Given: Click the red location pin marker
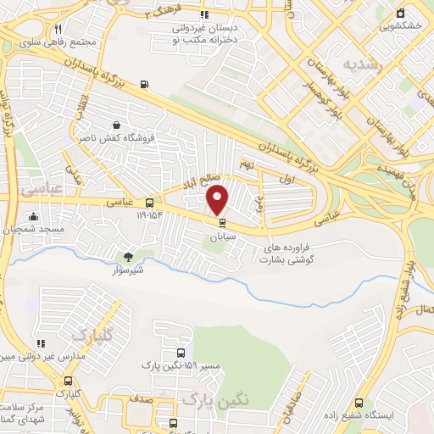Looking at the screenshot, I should coord(218,198).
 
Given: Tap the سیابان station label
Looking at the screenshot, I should coord(223,238).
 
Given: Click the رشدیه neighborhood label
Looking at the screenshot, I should coord(364,64).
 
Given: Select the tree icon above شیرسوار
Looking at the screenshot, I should coord(129,256).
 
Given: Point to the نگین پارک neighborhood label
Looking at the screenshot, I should coord(211,398).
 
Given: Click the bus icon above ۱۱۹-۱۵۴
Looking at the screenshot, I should coord(150,203).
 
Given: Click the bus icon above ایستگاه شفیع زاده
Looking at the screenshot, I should coord(359,403).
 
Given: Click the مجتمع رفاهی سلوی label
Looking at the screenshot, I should coord(63,42).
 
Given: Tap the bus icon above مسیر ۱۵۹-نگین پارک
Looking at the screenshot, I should coord(181,353).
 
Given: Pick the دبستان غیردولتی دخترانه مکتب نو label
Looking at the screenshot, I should coord(204,34).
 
